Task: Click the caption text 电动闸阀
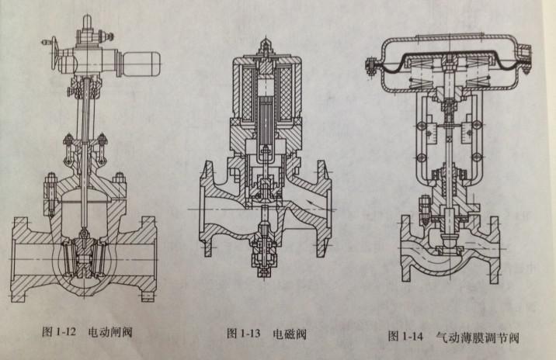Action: tap(111, 331)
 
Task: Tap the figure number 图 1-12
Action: tap(57, 331)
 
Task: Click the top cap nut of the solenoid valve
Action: tap(266, 49)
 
